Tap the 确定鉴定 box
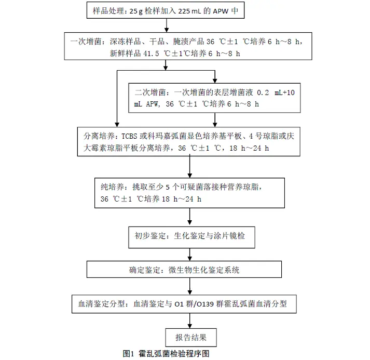[184, 270]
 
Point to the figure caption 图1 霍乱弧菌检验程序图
[166, 354]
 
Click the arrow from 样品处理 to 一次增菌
[165, 25]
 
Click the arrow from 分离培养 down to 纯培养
[189, 167]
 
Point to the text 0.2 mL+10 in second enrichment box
[273, 92]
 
